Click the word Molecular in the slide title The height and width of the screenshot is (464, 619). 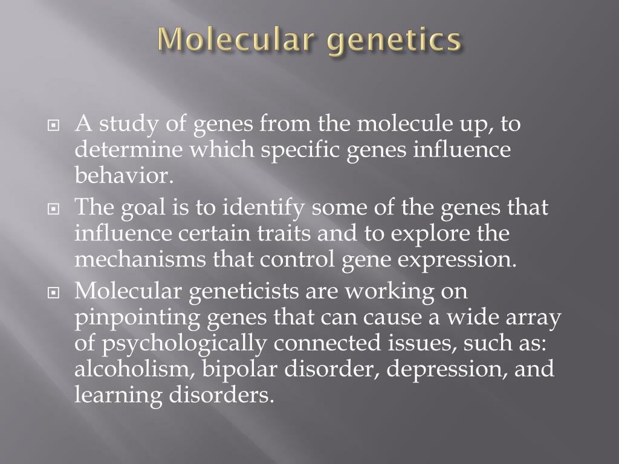(236, 39)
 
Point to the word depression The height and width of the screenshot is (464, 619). (446, 369)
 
